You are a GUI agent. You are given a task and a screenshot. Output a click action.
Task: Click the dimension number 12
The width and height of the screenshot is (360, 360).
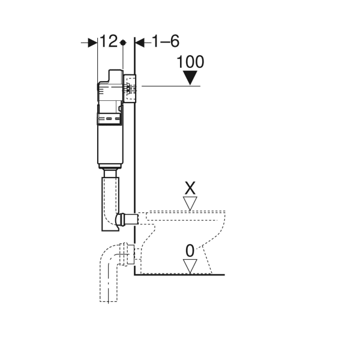pos(109,41)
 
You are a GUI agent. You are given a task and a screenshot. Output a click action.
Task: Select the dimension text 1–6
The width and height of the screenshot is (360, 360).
pos(166,41)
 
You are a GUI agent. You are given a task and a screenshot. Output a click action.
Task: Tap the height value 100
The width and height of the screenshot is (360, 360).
pos(190,62)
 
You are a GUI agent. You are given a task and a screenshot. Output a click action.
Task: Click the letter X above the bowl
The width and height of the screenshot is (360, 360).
pos(190,188)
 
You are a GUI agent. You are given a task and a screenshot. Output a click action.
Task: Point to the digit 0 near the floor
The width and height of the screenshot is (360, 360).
pos(190,251)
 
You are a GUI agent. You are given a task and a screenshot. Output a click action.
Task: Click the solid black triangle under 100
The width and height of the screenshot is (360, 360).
pos(190,77)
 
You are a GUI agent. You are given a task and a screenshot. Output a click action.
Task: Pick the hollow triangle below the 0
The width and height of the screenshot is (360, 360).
pos(190,266)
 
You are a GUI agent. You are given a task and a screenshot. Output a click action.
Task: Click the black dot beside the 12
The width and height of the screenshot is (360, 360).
pos(123,43)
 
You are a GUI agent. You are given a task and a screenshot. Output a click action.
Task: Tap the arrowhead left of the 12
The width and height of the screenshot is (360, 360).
pos(92,43)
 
